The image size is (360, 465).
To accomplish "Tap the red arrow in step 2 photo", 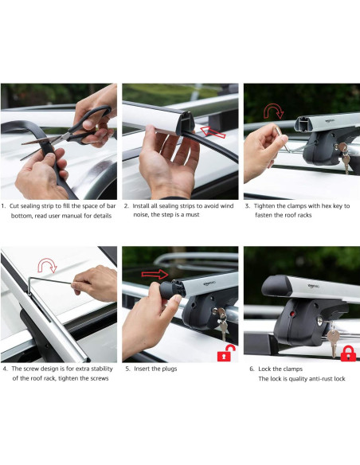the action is click(x=213, y=132).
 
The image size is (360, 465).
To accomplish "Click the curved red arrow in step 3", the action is click(x=274, y=111).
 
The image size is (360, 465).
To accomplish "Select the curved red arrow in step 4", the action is click(x=48, y=265).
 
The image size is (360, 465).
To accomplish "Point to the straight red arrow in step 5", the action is click(x=155, y=275).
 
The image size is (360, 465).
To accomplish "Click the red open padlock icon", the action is click(x=226, y=353).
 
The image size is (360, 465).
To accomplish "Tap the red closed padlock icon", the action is click(x=348, y=354).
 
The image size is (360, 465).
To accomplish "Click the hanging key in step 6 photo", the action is click(x=333, y=341).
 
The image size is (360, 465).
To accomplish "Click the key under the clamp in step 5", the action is click(x=222, y=323).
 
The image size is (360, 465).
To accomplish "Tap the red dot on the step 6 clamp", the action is click(x=292, y=314).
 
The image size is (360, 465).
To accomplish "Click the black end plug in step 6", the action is click(x=276, y=286).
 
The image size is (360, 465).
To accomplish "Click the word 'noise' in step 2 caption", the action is click(x=141, y=215).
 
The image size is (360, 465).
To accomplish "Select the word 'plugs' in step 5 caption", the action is click(x=169, y=369).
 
